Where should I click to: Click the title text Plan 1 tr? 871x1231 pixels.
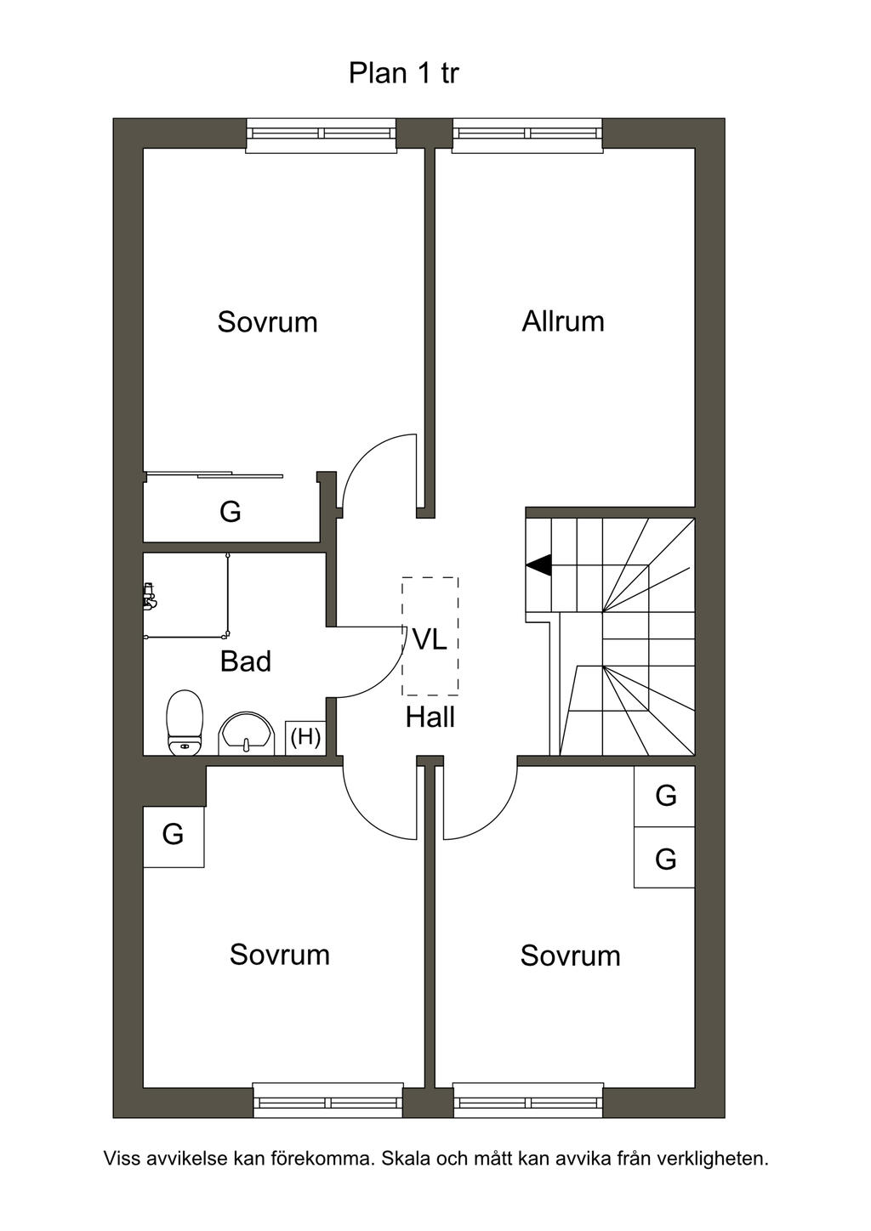click(x=403, y=73)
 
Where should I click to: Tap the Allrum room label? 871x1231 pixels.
click(x=563, y=321)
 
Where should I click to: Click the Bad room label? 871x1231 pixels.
click(x=245, y=661)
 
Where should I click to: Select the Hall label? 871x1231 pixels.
click(x=430, y=718)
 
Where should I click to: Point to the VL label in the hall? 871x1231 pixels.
click(x=430, y=639)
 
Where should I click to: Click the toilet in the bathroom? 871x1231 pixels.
click(x=185, y=722)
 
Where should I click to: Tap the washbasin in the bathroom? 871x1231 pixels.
click(x=246, y=734)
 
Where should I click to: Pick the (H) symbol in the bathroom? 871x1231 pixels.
click(x=305, y=736)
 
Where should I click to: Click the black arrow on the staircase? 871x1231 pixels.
click(x=538, y=564)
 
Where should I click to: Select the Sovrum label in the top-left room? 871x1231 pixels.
click(x=267, y=322)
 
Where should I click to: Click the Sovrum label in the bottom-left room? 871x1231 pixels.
click(x=279, y=955)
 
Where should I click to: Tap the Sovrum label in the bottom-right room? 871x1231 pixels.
click(x=570, y=956)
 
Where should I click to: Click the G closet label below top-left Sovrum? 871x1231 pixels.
click(x=230, y=512)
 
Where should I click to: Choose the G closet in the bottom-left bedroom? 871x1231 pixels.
click(x=173, y=834)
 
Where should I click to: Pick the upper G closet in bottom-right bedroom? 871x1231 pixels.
click(x=665, y=796)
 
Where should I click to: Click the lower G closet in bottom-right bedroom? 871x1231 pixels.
click(x=665, y=859)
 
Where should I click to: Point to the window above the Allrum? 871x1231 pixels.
click(x=527, y=134)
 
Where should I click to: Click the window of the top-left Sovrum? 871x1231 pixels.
click(x=322, y=134)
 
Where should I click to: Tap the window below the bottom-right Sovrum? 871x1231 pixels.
click(x=527, y=1102)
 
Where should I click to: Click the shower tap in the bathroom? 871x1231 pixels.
click(x=150, y=596)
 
